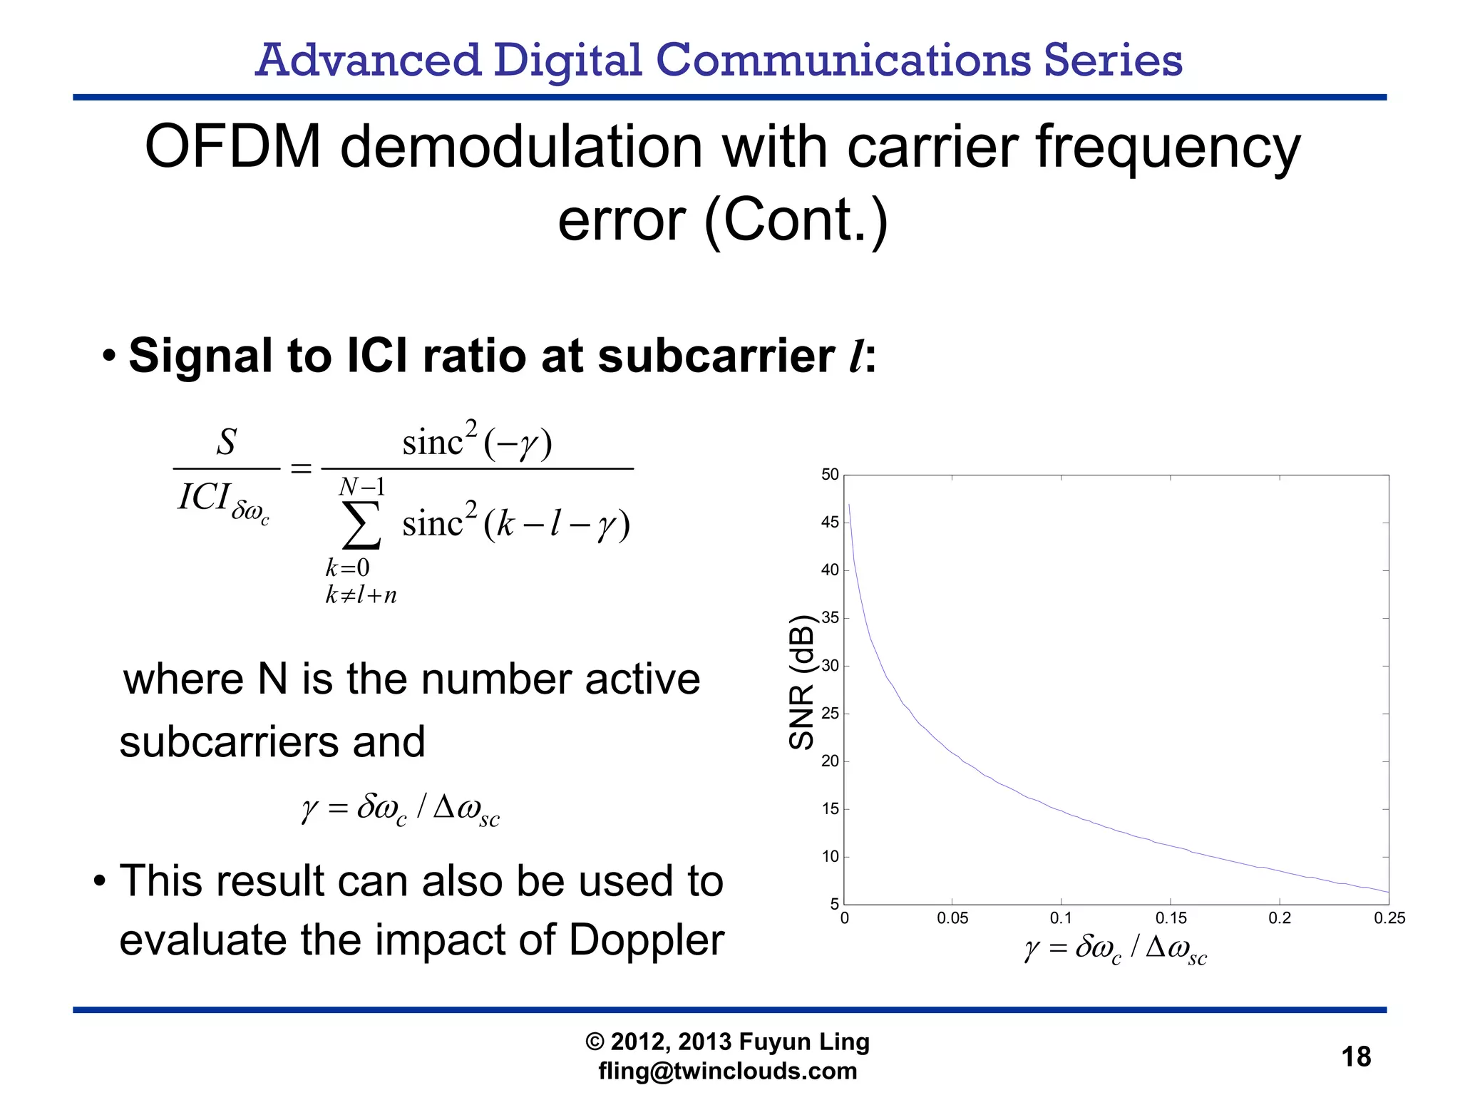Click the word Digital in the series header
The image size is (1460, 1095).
pos(568,60)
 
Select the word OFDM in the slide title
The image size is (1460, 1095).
pos(233,147)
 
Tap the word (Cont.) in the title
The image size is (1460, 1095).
pos(796,220)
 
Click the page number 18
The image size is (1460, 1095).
pos(1356,1056)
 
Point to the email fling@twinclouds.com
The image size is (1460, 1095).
pos(727,1071)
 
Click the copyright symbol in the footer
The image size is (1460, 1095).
pos(595,1042)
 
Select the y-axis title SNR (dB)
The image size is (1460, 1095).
pos(801,682)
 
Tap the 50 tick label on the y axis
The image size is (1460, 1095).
pos(830,475)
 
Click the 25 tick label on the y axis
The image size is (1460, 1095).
pos(830,714)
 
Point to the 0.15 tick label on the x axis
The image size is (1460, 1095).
pos(1171,918)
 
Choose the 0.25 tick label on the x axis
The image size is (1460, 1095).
pos(1389,918)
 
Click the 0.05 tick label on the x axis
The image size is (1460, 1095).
pos(952,918)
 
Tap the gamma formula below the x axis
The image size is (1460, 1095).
pos(1116,950)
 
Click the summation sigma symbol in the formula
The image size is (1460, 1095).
pos(361,525)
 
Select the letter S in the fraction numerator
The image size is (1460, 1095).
pos(226,442)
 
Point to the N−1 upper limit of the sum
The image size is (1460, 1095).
pos(361,487)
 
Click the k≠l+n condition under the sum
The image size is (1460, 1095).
pos(361,595)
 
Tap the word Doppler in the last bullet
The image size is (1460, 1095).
pos(646,940)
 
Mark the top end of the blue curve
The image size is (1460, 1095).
pos(848,505)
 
